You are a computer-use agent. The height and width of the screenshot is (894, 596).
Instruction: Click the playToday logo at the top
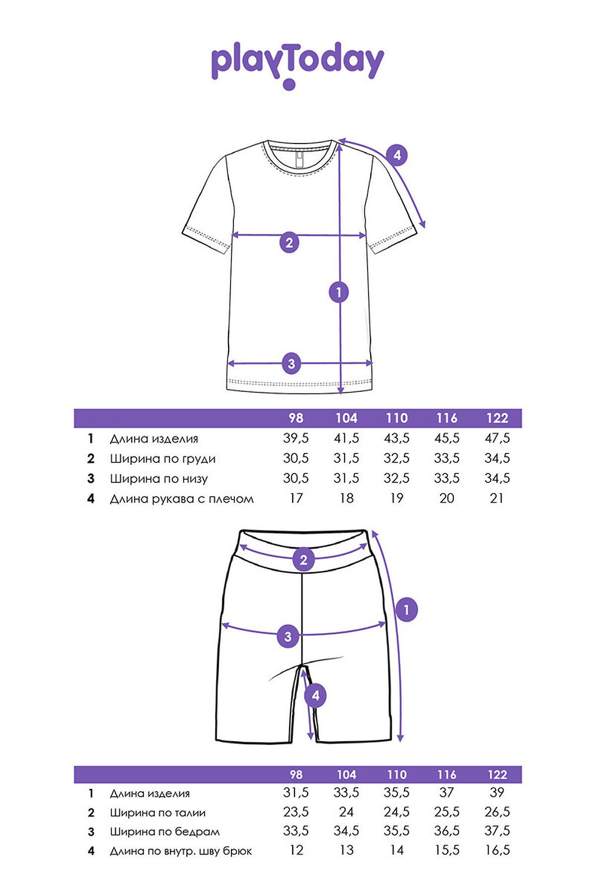tap(298, 65)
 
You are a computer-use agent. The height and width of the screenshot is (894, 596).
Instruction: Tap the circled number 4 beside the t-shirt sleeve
tap(397, 155)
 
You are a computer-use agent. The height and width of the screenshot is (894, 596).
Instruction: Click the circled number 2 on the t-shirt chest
tap(289, 242)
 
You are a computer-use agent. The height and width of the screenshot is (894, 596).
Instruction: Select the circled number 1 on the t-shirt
tap(339, 292)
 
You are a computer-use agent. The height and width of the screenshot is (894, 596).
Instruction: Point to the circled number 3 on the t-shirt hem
tap(292, 364)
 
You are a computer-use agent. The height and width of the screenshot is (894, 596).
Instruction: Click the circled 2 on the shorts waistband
tap(303, 560)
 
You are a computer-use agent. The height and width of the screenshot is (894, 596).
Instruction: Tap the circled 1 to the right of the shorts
tap(407, 609)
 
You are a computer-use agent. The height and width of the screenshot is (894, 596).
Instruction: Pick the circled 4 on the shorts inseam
tap(315, 696)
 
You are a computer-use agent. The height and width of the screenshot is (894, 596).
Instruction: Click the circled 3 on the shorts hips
tap(288, 636)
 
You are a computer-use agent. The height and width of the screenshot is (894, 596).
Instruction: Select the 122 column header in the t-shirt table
tap(497, 418)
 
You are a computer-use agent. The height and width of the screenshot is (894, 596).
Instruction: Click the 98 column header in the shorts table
tap(296, 774)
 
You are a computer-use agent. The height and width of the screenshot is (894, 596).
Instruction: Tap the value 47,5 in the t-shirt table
tap(497, 438)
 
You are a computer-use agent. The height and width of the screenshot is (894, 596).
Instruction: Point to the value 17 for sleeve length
tap(296, 498)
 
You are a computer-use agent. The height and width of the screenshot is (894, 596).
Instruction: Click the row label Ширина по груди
tap(162, 459)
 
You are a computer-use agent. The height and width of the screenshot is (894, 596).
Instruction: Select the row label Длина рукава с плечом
tap(182, 499)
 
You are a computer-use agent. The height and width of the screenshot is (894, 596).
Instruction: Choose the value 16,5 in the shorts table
tap(497, 850)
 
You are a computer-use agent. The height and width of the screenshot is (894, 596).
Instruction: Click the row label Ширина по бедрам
tap(164, 831)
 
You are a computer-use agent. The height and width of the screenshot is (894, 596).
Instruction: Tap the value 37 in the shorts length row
tap(447, 793)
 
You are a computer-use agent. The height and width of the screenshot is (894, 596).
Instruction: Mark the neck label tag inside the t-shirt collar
tap(299, 160)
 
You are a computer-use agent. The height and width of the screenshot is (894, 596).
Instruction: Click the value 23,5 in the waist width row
tap(296, 812)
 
